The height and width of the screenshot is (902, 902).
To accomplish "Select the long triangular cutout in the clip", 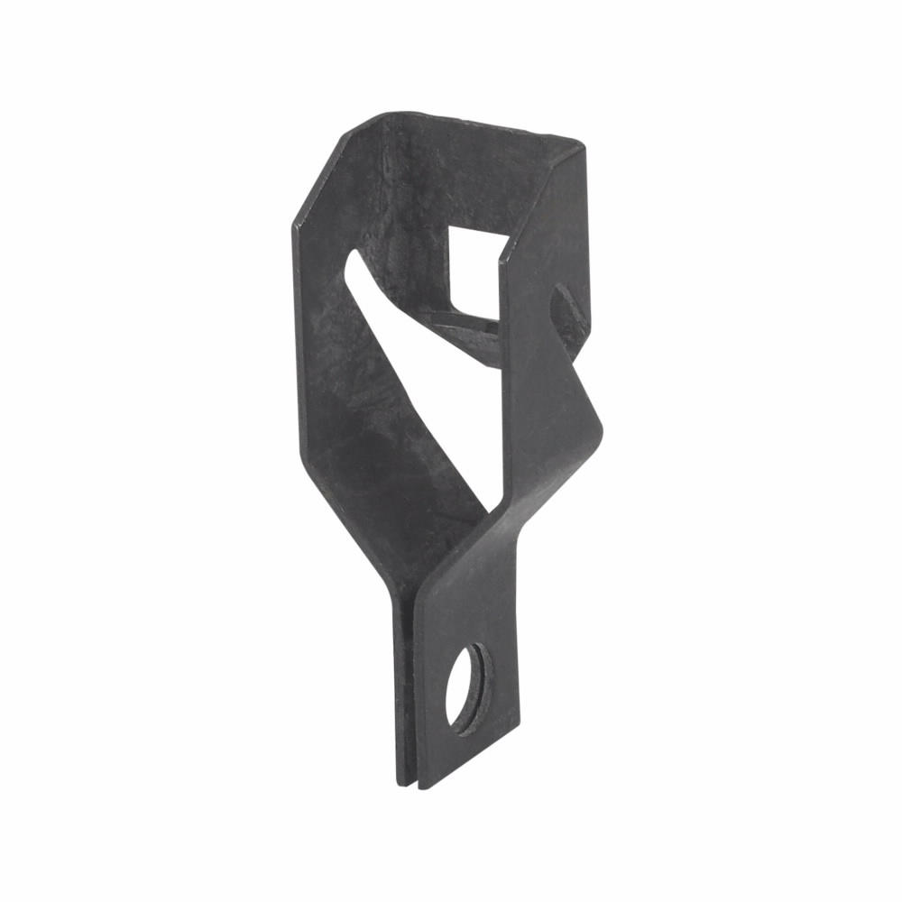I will pos(424,379).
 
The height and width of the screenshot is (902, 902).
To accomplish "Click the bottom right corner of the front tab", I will pos(518,727).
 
